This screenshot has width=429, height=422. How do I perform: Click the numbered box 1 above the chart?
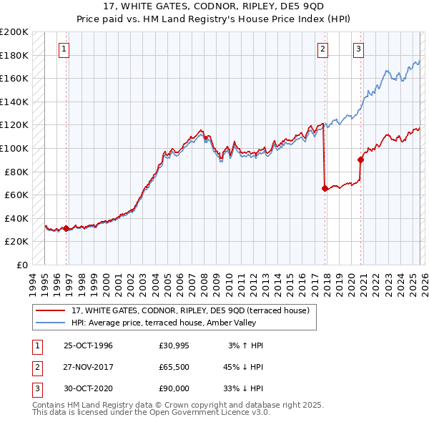pyautogui.click(x=64, y=49)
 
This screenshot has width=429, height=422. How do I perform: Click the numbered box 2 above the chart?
pyautogui.click(x=323, y=49)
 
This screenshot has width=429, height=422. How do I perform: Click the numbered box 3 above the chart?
pyautogui.click(x=358, y=49)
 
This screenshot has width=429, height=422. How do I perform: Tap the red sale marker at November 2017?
pyautogui.click(x=325, y=189)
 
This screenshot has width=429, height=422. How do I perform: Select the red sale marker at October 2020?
pyautogui.click(x=360, y=160)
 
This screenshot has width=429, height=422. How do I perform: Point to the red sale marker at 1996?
pyautogui.click(x=66, y=229)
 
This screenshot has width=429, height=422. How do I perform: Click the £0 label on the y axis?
pyautogui.click(x=21, y=265)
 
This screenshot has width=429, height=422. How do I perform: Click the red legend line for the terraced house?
pyautogui.click(x=51, y=310)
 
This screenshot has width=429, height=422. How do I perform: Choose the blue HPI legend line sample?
pyautogui.click(x=51, y=323)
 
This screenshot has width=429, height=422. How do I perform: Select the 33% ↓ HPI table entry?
pyautogui.click(x=246, y=388)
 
